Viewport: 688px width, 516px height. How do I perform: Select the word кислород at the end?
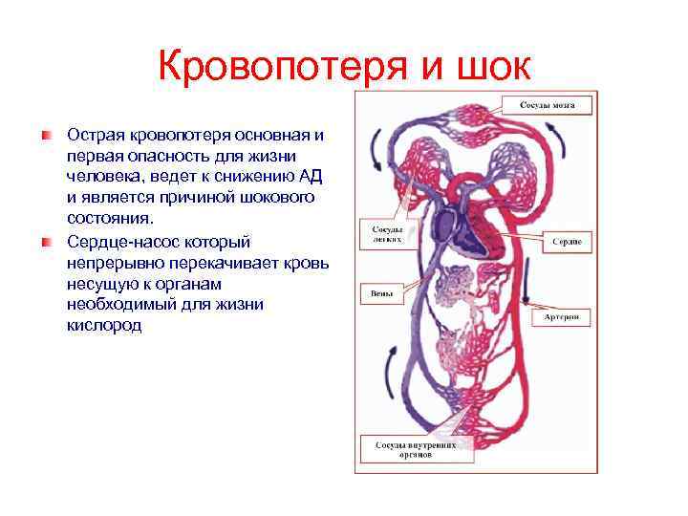click(105, 326)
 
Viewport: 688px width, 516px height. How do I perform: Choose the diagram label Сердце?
click(568, 241)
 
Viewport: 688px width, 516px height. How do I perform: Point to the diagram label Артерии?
click(566, 316)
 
